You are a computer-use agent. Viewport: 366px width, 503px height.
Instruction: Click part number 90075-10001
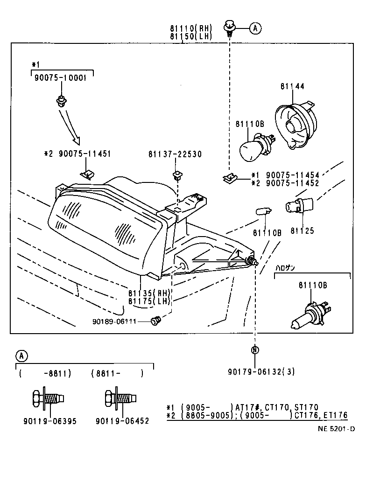(x=60, y=78)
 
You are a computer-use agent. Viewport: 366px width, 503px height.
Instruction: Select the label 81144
(x=292, y=86)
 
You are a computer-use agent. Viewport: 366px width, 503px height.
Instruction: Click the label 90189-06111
(x=115, y=321)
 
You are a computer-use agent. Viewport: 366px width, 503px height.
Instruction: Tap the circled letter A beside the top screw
(x=255, y=28)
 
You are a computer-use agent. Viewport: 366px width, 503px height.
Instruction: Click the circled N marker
(x=255, y=350)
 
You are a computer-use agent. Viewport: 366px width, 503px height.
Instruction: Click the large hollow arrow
(x=70, y=126)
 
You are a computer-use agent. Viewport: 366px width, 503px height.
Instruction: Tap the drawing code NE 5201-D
(x=336, y=429)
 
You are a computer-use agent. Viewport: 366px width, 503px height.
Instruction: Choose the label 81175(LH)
(x=150, y=301)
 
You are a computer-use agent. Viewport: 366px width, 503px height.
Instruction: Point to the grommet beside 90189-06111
(x=156, y=321)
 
